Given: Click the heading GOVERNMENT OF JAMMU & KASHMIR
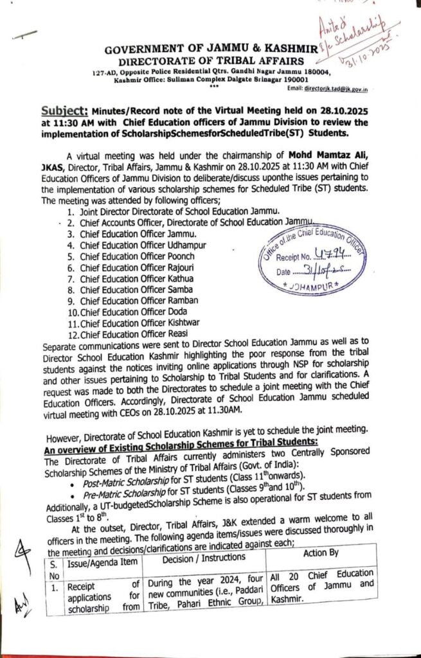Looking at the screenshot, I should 198,49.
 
